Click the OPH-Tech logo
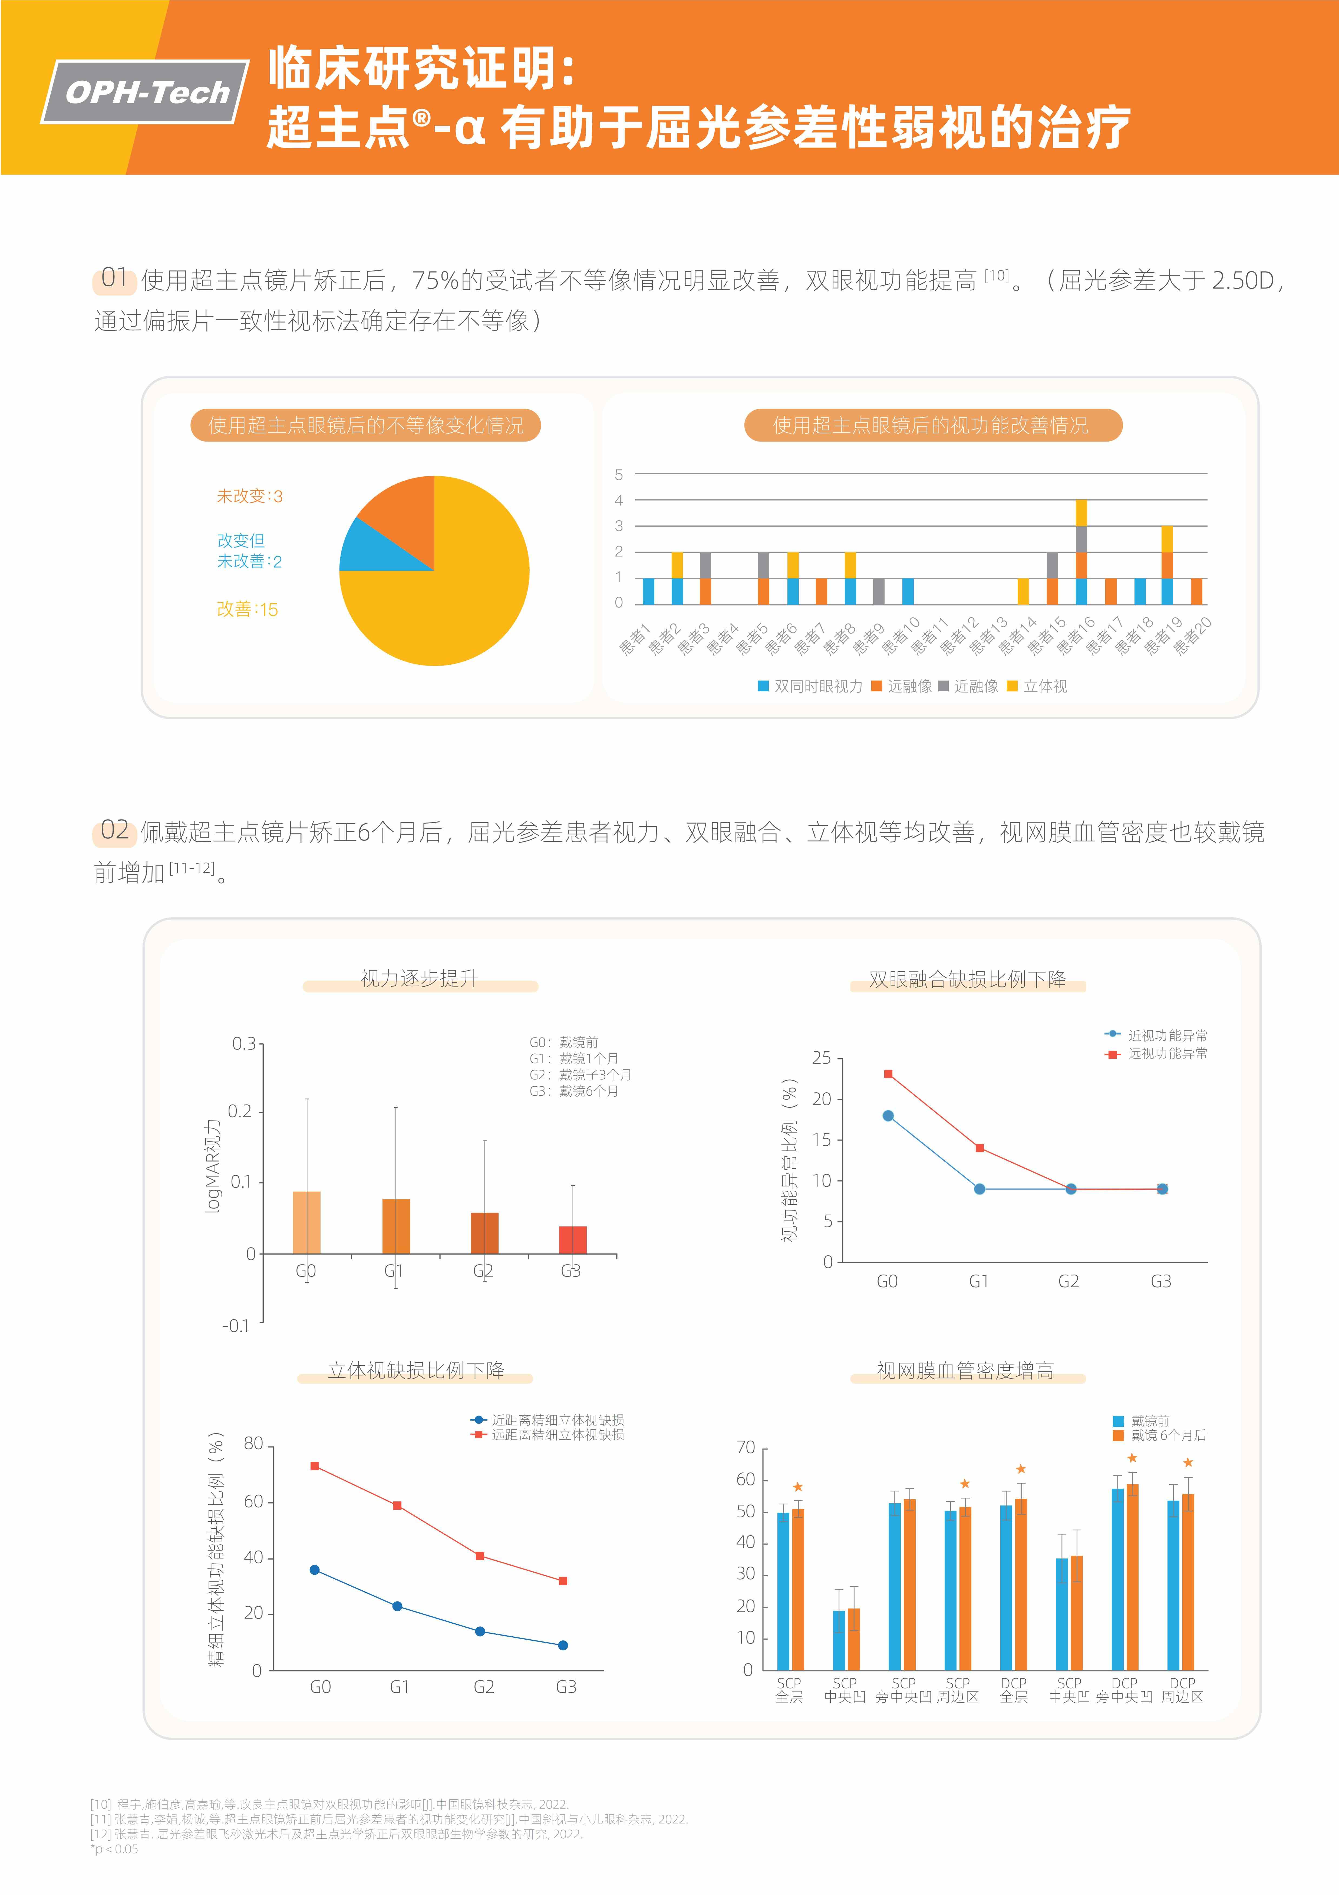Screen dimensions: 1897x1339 point(146,92)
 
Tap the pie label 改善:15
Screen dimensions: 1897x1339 point(247,610)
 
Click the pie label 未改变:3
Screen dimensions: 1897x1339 point(250,497)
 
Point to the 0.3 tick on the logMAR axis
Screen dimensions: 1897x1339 point(243,1044)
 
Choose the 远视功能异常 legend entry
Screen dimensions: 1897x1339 point(1157,1053)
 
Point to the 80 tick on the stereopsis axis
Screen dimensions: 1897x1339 point(253,1443)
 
